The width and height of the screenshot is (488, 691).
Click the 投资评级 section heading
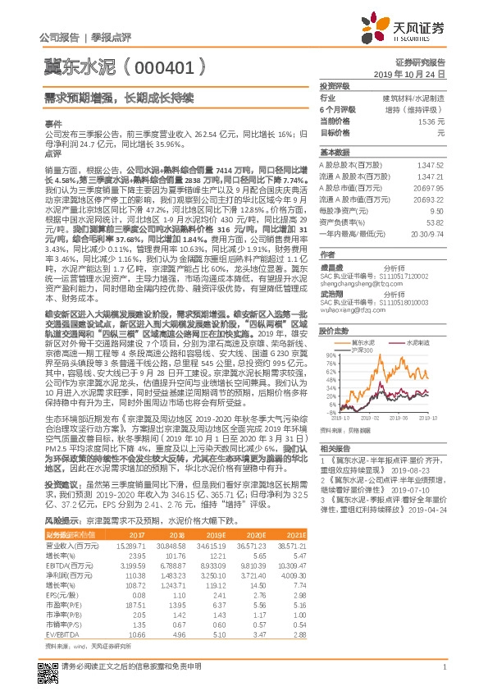tap(335, 85)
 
